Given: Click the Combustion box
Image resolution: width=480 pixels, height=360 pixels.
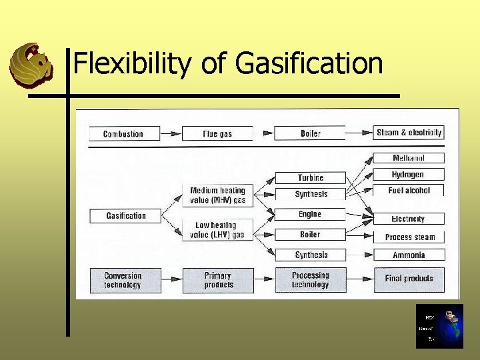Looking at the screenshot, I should click(x=125, y=134).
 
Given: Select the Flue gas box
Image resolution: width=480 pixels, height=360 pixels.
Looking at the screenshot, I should click(x=217, y=134).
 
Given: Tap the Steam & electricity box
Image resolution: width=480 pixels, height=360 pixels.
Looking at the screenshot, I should click(x=408, y=133).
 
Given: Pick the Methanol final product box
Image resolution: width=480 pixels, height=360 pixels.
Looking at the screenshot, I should click(x=408, y=158).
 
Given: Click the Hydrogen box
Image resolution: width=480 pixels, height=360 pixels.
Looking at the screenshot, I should click(x=408, y=174).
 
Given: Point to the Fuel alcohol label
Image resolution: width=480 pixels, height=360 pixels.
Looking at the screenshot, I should click(x=409, y=191).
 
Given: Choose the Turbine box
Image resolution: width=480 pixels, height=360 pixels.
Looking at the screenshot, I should click(x=311, y=178).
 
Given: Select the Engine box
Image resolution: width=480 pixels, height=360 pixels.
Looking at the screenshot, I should click(x=311, y=214).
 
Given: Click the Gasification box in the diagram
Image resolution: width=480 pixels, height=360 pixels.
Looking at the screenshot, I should click(x=126, y=215).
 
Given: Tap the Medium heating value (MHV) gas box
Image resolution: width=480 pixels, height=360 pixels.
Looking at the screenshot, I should click(x=217, y=195).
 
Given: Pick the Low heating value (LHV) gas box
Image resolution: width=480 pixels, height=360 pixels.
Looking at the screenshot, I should click(x=217, y=230).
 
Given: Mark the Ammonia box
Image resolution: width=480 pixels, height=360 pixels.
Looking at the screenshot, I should click(x=409, y=255).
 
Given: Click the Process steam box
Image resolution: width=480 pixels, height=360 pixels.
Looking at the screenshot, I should click(x=409, y=237).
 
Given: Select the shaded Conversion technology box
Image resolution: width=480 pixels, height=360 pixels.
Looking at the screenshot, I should click(x=125, y=280).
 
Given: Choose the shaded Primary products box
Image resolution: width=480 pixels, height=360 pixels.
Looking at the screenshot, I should click(x=218, y=280).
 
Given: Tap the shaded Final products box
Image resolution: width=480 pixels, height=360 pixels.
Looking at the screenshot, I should click(x=409, y=279).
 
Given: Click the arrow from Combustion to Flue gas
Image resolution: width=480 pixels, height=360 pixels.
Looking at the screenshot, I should click(x=171, y=134).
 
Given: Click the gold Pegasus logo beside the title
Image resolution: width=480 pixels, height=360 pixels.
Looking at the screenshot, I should click(x=31, y=63).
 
